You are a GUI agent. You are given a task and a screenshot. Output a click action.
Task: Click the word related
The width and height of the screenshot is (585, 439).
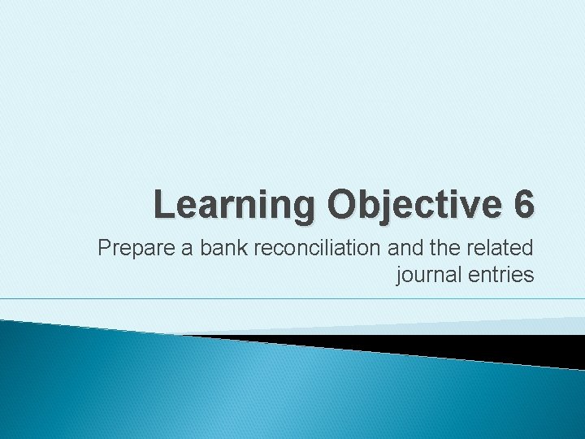502,249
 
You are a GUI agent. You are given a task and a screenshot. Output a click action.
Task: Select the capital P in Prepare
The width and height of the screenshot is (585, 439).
104,249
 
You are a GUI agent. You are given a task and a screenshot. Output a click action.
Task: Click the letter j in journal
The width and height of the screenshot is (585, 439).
398,276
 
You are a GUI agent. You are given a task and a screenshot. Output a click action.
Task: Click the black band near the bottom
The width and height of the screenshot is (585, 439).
455,346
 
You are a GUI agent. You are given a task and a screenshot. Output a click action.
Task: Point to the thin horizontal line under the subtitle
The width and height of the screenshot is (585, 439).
292,299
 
